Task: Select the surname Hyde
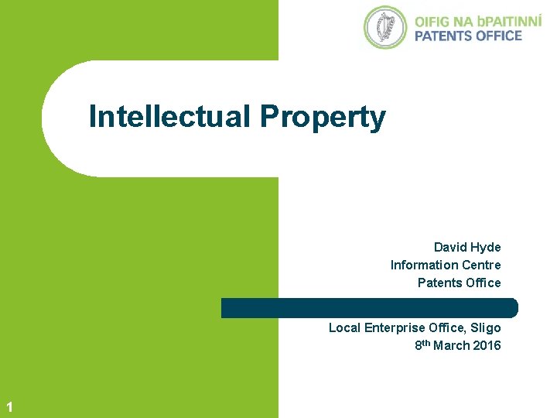[487, 248]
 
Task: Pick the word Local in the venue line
[343, 327]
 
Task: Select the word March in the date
[450, 345]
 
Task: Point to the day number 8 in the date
[418, 346]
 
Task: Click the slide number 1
[8, 406]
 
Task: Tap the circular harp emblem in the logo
[384, 27]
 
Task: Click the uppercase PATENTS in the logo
[444, 36]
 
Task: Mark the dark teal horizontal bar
[369, 307]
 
